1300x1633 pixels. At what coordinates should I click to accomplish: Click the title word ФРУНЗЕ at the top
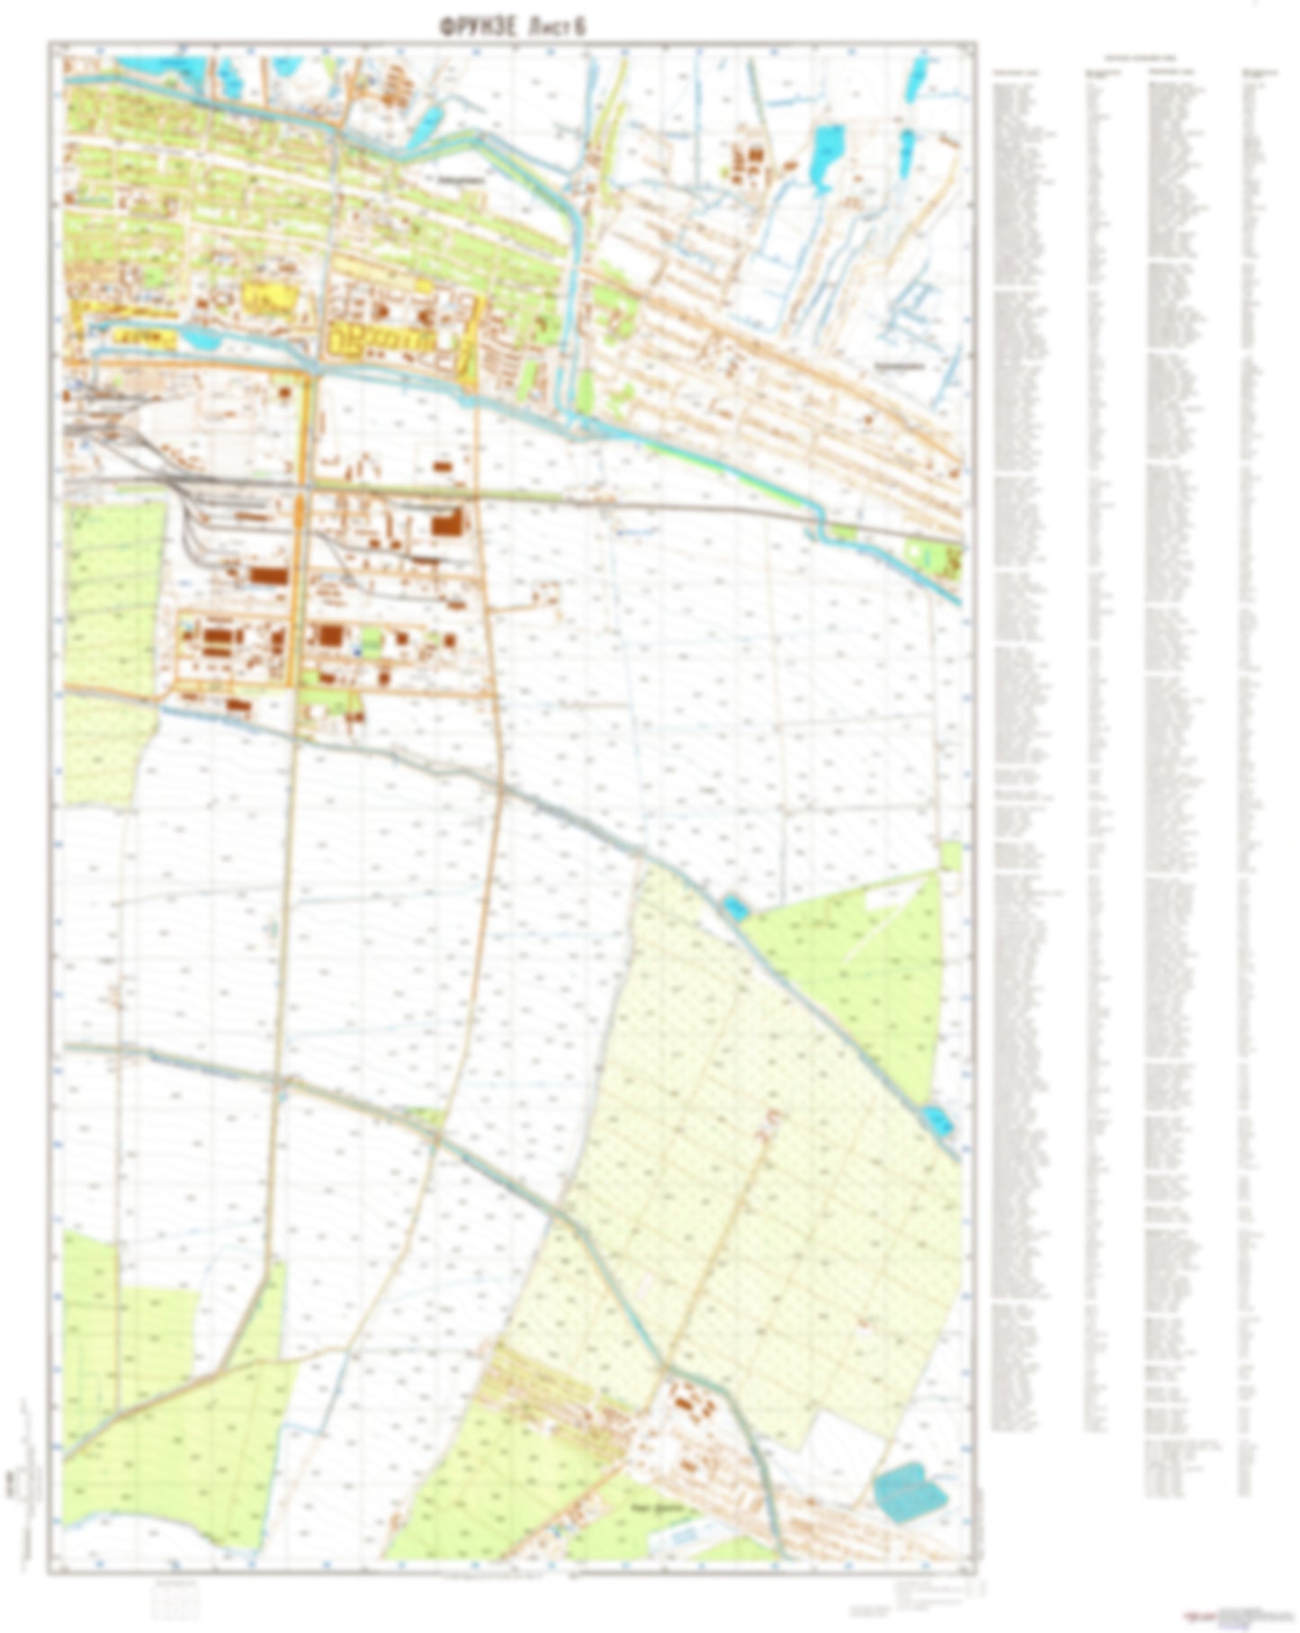point(477,29)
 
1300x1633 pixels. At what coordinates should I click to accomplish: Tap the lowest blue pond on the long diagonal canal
point(937,1120)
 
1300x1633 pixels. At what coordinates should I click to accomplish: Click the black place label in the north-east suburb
point(900,366)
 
